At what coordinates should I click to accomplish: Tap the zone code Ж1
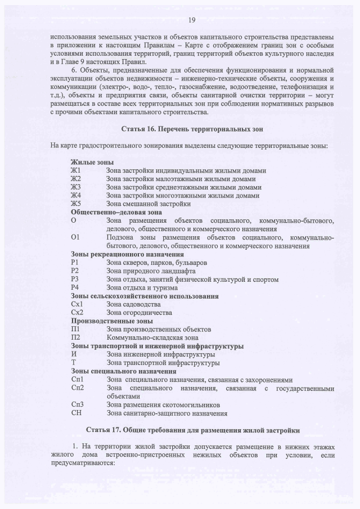(x=76, y=170)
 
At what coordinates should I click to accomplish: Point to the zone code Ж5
(x=76, y=204)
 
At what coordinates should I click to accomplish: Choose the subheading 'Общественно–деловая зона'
(x=116, y=212)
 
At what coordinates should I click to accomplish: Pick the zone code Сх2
(x=78, y=312)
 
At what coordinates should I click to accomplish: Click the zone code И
(x=74, y=354)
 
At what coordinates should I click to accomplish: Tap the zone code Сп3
(x=78, y=404)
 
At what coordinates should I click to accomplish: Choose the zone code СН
(x=76, y=413)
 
